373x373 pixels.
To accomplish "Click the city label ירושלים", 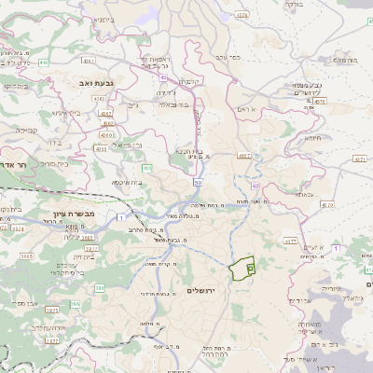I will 201,291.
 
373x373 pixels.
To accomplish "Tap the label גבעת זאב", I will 94,82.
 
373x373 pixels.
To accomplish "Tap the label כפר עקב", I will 228,57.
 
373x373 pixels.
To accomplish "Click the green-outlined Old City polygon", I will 242,269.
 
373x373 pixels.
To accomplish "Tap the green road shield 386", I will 100,289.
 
